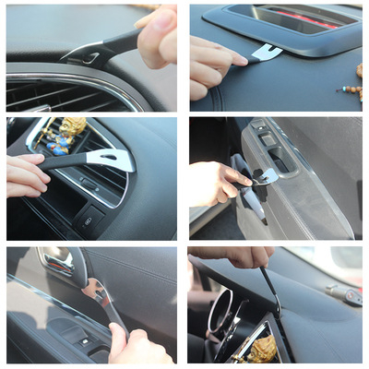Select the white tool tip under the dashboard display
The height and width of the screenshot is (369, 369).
[x=267, y=53]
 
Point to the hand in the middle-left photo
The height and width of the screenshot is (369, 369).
[x=26, y=174]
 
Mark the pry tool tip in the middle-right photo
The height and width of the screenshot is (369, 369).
[x=267, y=175]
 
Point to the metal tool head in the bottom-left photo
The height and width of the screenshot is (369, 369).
[x=91, y=292]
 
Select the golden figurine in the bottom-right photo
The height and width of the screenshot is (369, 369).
[x=262, y=348]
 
